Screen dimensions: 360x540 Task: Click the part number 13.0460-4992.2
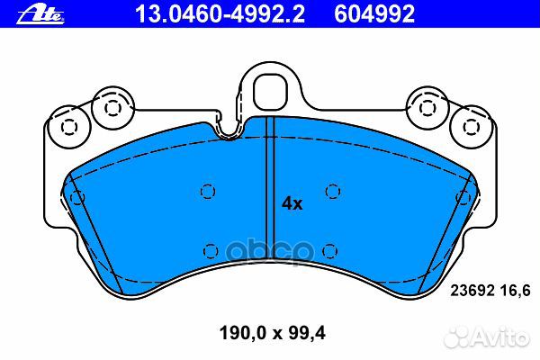tap(190, 13)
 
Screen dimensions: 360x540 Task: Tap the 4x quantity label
tap(292, 203)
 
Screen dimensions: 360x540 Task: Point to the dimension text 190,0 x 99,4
tap(269, 334)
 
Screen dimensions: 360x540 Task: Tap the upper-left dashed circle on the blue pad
tap(208, 190)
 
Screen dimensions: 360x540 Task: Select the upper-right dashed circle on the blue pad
tap(333, 190)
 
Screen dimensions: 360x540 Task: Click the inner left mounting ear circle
tap(112, 107)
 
